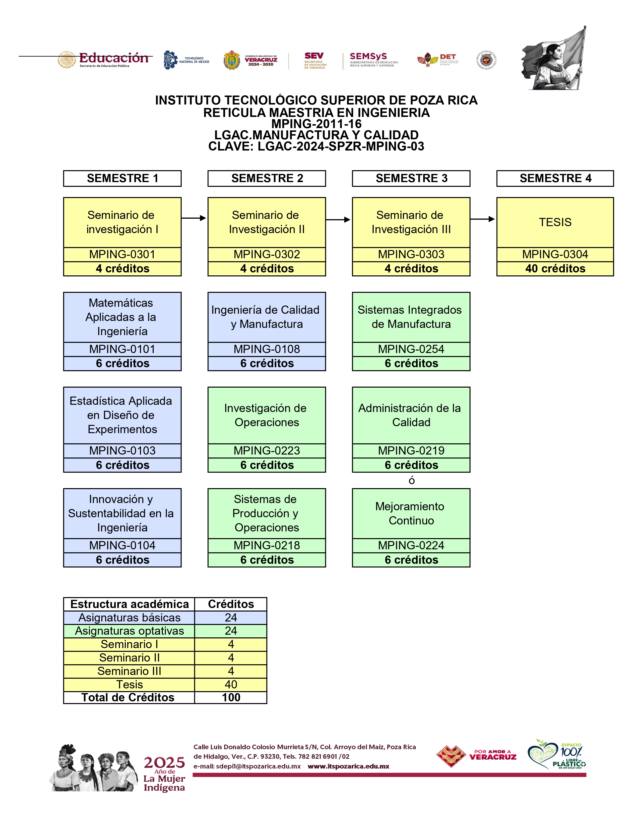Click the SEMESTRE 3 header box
[x=411, y=178]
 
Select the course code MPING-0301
[x=122, y=255]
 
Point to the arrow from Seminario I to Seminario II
[x=194, y=218]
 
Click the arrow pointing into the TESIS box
[x=483, y=219]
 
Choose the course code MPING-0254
[x=411, y=349]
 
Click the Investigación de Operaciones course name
[x=266, y=415]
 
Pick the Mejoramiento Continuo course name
[x=411, y=513]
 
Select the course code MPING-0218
[x=266, y=545]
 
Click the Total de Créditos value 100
[x=231, y=698]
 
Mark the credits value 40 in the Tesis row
[x=231, y=685]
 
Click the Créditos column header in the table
[x=231, y=604]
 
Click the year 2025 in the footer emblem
[x=164, y=763]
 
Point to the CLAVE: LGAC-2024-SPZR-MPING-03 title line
[x=316, y=147]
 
